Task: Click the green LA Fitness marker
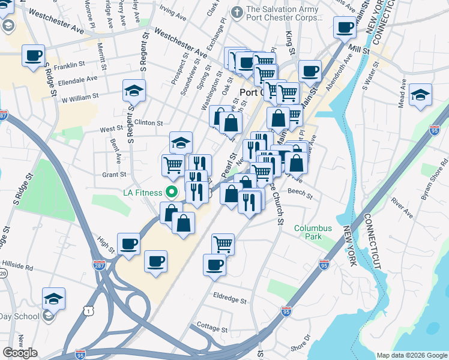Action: pos(171,193)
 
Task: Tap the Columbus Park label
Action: pos(313,232)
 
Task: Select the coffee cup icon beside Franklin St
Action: pos(34,56)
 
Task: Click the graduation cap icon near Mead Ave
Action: pos(420,94)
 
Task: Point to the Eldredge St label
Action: pos(231,298)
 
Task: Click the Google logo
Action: pos(20,353)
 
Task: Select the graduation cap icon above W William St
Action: pos(134,91)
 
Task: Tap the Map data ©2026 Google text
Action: pos(412,355)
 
